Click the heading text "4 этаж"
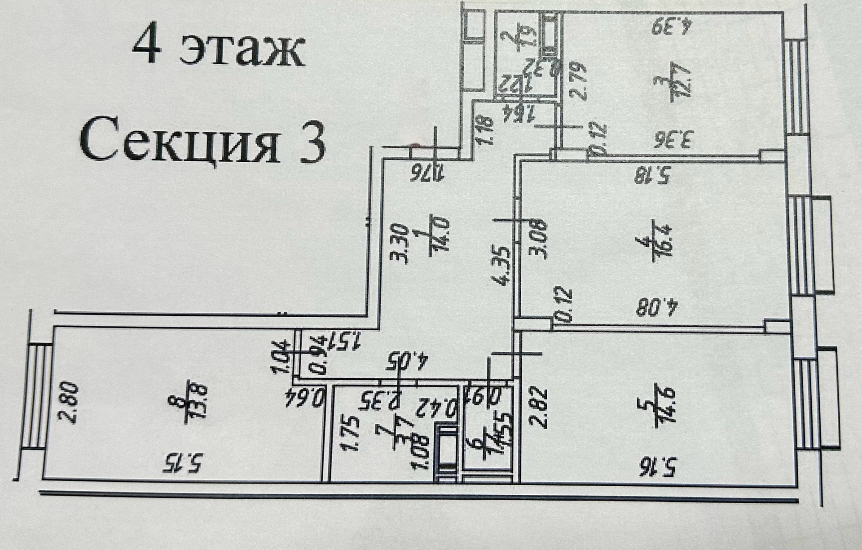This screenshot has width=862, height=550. coord(218,50)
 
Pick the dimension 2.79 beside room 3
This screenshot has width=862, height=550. coord(576,80)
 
